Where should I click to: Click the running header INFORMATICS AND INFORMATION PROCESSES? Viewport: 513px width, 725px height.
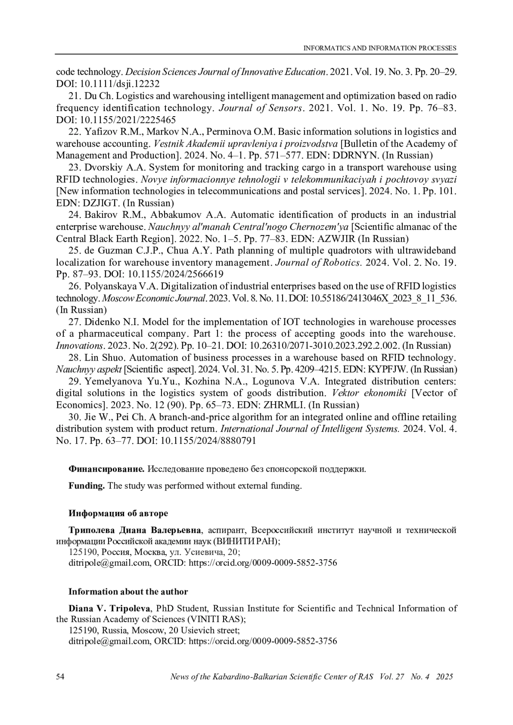point(380,48)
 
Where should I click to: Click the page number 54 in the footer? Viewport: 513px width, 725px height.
point(60,677)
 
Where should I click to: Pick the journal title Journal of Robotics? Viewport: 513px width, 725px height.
point(318,263)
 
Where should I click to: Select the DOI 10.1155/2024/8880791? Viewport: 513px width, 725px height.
point(208,441)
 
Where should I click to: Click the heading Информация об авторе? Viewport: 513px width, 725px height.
point(118,513)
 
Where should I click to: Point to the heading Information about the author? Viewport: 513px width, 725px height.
point(128,592)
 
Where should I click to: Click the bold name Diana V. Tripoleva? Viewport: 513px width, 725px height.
point(109,608)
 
